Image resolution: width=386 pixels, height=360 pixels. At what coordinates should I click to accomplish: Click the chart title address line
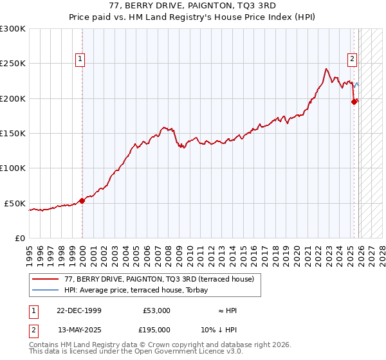pos(192,6)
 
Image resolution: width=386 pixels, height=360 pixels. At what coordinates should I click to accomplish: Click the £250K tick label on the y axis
pos(13,64)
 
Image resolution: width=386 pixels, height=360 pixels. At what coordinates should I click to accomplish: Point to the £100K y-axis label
pos(13,168)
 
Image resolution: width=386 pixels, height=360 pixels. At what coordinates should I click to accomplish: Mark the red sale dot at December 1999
pos(82,201)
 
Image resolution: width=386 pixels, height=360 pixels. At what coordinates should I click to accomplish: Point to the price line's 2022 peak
pos(327,69)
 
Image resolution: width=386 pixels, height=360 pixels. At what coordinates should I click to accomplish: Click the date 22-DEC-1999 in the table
pos(78,310)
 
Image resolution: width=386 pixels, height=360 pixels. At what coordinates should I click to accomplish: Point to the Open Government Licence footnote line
pos(136,352)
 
